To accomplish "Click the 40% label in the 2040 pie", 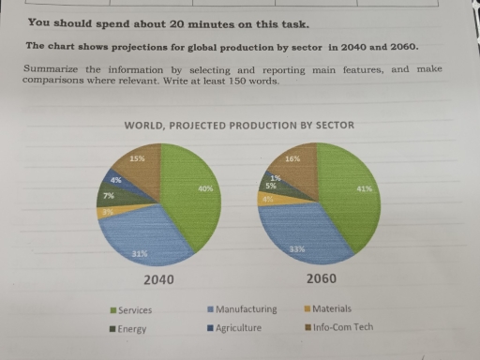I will coord(205,189).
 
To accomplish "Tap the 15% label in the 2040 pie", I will coord(137,158).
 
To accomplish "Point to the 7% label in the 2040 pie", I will coord(109,196).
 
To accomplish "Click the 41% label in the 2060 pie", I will coord(366,189).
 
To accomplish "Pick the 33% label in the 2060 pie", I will coord(297,248).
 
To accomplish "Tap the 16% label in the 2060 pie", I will coord(292,159).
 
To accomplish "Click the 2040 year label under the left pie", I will coord(160,280).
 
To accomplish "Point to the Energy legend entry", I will coord(130,329).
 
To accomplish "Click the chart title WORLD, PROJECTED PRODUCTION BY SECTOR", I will coord(239,126).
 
